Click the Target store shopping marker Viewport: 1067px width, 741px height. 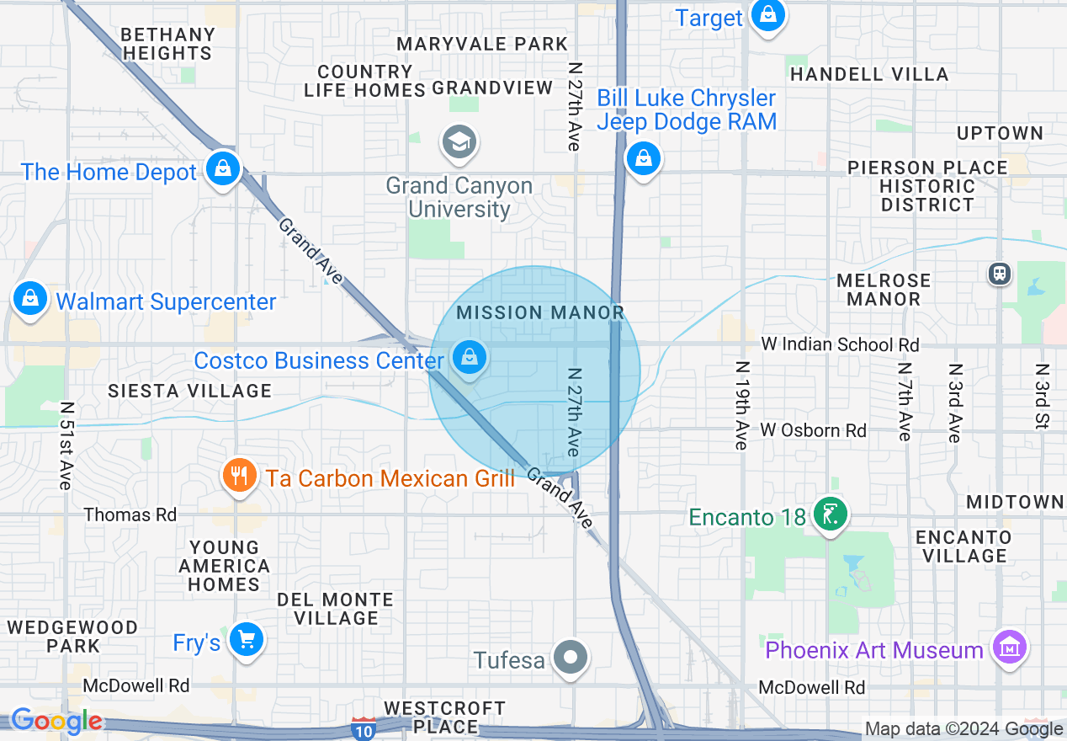pyautogui.click(x=767, y=15)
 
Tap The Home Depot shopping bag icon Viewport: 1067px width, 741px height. pyautogui.click(x=223, y=169)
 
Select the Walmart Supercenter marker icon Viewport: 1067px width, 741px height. pyautogui.click(x=30, y=299)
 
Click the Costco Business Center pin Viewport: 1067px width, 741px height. pyautogui.click(x=470, y=358)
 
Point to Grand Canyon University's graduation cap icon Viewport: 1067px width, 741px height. pyautogui.click(x=459, y=142)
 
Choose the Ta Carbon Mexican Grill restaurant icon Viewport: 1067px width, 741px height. pyautogui.click(x=240, y=477)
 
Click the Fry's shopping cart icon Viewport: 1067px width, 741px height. pyautogui.click(x=247, y=641)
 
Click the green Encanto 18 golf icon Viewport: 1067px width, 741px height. pyautogui.click(x=830, y=515)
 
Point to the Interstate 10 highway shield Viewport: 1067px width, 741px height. pyautogui.click(x=364, y=730)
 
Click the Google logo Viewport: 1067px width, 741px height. pyautogui.click(x=56, y=722)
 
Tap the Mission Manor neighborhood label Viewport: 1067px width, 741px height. pyautogui.click(x=540, y=312)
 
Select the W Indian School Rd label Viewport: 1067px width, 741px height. pyautogui.click(x=840, y=344)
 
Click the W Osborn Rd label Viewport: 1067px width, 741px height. pyautogui.click(x=813, y=430)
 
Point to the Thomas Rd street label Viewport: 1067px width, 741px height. pyautogui.click(x=130, y=514)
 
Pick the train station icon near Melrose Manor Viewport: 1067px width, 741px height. pyautogui.click(x=1000, y=274)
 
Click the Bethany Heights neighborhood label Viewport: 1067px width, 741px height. pyautogui.click(x=167, y=44)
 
